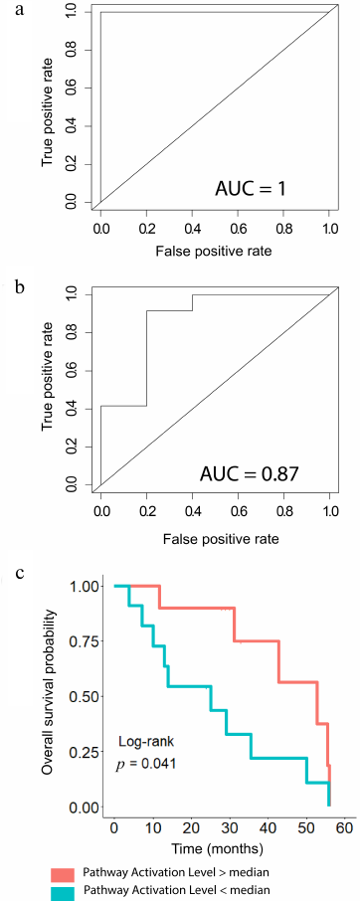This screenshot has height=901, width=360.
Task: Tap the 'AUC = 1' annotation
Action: point(262,186)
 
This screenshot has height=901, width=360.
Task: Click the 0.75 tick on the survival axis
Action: point(86,641)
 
